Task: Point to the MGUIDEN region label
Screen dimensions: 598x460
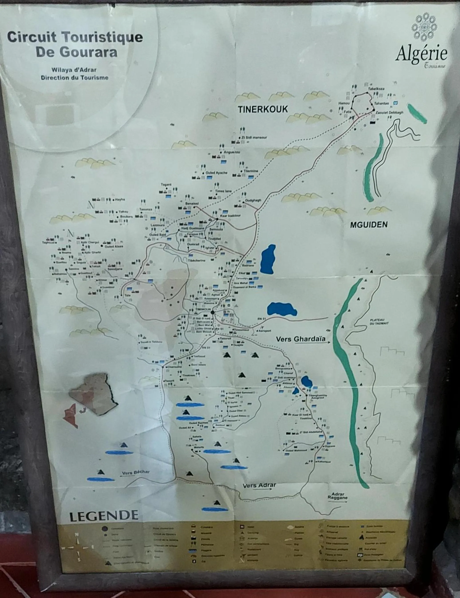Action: (369, 225)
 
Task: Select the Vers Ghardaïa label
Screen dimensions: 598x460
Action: (301, 339)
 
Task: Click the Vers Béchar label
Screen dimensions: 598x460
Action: (136, 473)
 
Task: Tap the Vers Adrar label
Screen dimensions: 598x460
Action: (259, 486)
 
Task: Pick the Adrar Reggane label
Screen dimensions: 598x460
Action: (338, 496)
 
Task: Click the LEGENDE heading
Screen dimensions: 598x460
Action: (104, 516)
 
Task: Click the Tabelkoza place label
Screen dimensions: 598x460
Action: (376, 89)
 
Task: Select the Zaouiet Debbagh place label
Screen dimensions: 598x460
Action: (389, 112)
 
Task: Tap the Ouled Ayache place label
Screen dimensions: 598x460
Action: (216, 173)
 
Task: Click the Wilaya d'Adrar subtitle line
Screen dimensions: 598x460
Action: (74, 70)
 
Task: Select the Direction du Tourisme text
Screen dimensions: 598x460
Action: (75, 78)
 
